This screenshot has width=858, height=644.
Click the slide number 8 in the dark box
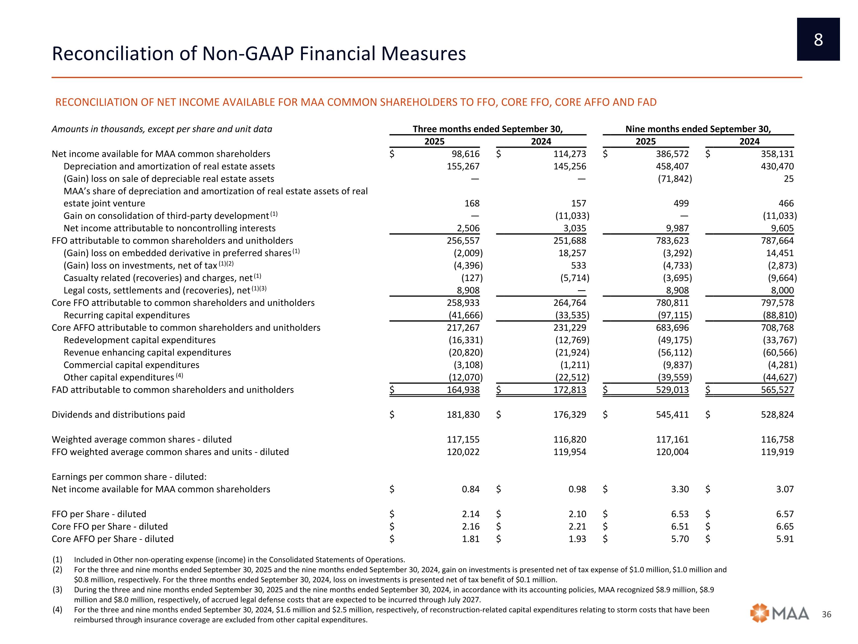tap(818, 39)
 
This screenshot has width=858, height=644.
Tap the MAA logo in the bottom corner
tap(780, 614)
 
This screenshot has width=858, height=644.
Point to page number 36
tap(827, 614)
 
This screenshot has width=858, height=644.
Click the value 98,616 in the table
tap(464, 154)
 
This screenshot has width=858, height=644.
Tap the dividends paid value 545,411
tap(672, 414)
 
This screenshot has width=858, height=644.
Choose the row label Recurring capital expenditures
tap(126, 315)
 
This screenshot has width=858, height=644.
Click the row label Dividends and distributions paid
tap(118, 414)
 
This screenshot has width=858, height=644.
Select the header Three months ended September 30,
tap(488, 129)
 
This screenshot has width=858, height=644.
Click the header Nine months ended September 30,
tap(698, 129)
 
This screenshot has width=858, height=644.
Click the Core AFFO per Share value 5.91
tap(785, 539)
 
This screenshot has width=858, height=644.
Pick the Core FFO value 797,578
tap(777, 303)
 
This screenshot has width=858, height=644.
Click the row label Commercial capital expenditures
tap(131, 365)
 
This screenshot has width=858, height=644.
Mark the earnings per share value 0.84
tap(470, 489)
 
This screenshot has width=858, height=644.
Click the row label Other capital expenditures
tap(119, 377)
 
